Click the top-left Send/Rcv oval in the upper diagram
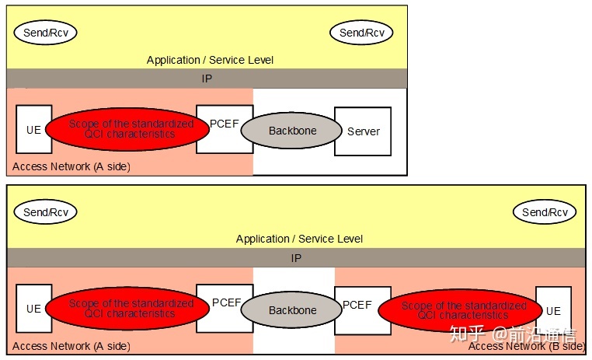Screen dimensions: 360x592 pos(46,33)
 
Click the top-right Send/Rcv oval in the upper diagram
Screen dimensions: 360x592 pos(362,33)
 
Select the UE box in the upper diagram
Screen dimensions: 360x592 pos(33,129)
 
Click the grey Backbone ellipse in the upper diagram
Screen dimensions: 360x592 pos(292,131)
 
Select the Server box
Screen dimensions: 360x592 pos(363,131)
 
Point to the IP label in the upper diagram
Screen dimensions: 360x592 pos(206,79)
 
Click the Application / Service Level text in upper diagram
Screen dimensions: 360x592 pos(210,60)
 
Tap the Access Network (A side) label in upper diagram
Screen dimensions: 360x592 pos(71,166)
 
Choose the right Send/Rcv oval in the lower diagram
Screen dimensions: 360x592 pos(545,211)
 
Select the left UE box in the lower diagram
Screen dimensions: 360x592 pos(33,309)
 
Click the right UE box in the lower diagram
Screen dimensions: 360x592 pos(553,310)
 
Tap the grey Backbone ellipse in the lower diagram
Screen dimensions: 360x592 pos(292,310)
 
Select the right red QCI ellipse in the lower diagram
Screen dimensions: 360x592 pos(463,310)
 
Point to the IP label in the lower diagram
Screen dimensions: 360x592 pos(296,258)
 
